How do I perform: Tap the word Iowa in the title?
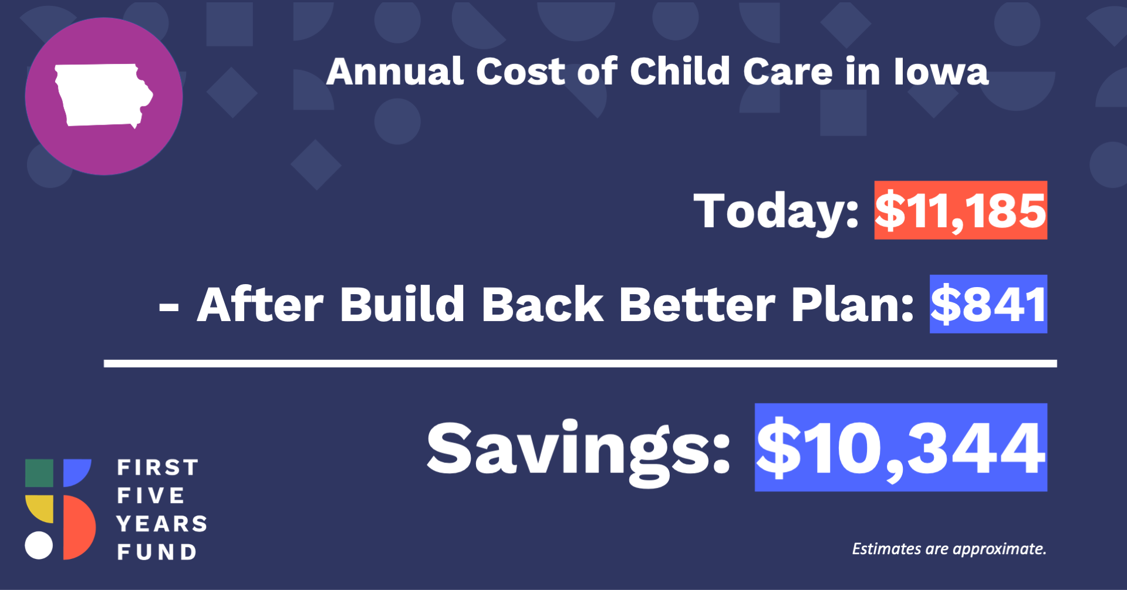pos(941,72)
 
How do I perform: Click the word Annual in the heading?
pos(395,72)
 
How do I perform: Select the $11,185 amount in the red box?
pos(960,210)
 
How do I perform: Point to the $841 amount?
pos(988,304)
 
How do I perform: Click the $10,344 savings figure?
pos(901,447)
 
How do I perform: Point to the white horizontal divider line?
pos(581,363)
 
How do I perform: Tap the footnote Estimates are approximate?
pos(949,549)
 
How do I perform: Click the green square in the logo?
pos(39,473)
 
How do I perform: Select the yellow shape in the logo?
pos(39,508)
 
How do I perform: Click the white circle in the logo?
pos(39,545)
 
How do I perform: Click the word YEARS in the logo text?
pos(162,524)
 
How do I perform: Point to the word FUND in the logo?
pos(157,552)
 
